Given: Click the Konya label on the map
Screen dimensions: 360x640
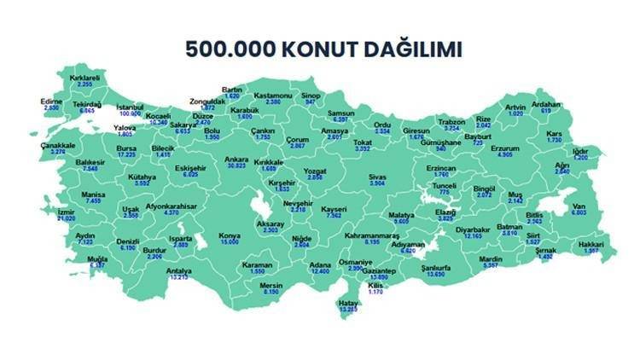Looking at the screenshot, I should (x=229, y=235).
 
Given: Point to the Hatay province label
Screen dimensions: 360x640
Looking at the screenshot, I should (x=347, y=303).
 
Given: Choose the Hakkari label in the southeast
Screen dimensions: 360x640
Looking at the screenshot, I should (x=589, y=244).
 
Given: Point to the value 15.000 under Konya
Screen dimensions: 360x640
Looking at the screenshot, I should (x=229, y=243).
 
